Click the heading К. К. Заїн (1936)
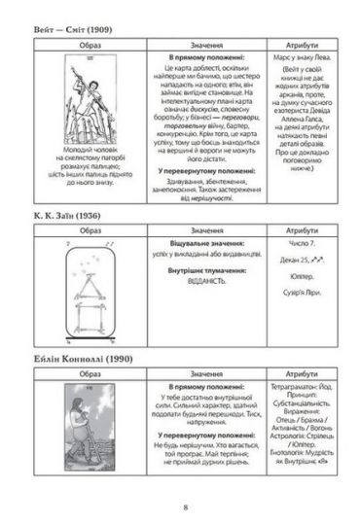61,213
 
